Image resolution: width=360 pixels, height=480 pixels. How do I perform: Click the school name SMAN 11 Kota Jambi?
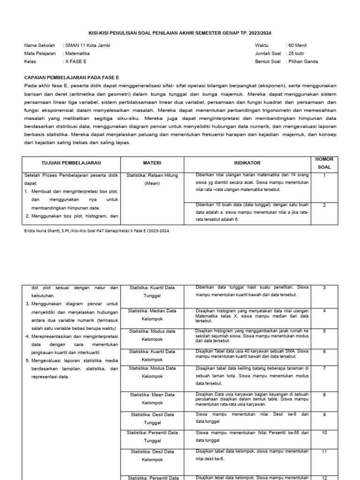point(88,45)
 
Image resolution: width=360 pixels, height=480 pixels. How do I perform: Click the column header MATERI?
point(152,163)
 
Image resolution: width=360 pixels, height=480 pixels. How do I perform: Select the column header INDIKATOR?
point(247,163)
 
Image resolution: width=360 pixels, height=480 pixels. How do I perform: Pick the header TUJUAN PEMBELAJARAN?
point(71,163)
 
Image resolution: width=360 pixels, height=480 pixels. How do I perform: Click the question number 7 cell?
point(324,368)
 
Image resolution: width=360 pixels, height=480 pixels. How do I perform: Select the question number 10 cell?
point(324,433)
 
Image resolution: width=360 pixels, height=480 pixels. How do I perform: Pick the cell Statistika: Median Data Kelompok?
point(152,315)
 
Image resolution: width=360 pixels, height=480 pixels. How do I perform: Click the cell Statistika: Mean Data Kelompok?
point(152,399)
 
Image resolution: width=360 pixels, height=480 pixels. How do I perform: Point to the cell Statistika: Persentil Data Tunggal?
point(152,436)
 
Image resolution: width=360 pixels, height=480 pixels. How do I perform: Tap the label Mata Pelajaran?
point(40,53)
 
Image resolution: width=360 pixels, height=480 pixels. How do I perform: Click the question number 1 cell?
point(324,175)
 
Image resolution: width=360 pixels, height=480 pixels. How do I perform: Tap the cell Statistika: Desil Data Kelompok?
point(152,455)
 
